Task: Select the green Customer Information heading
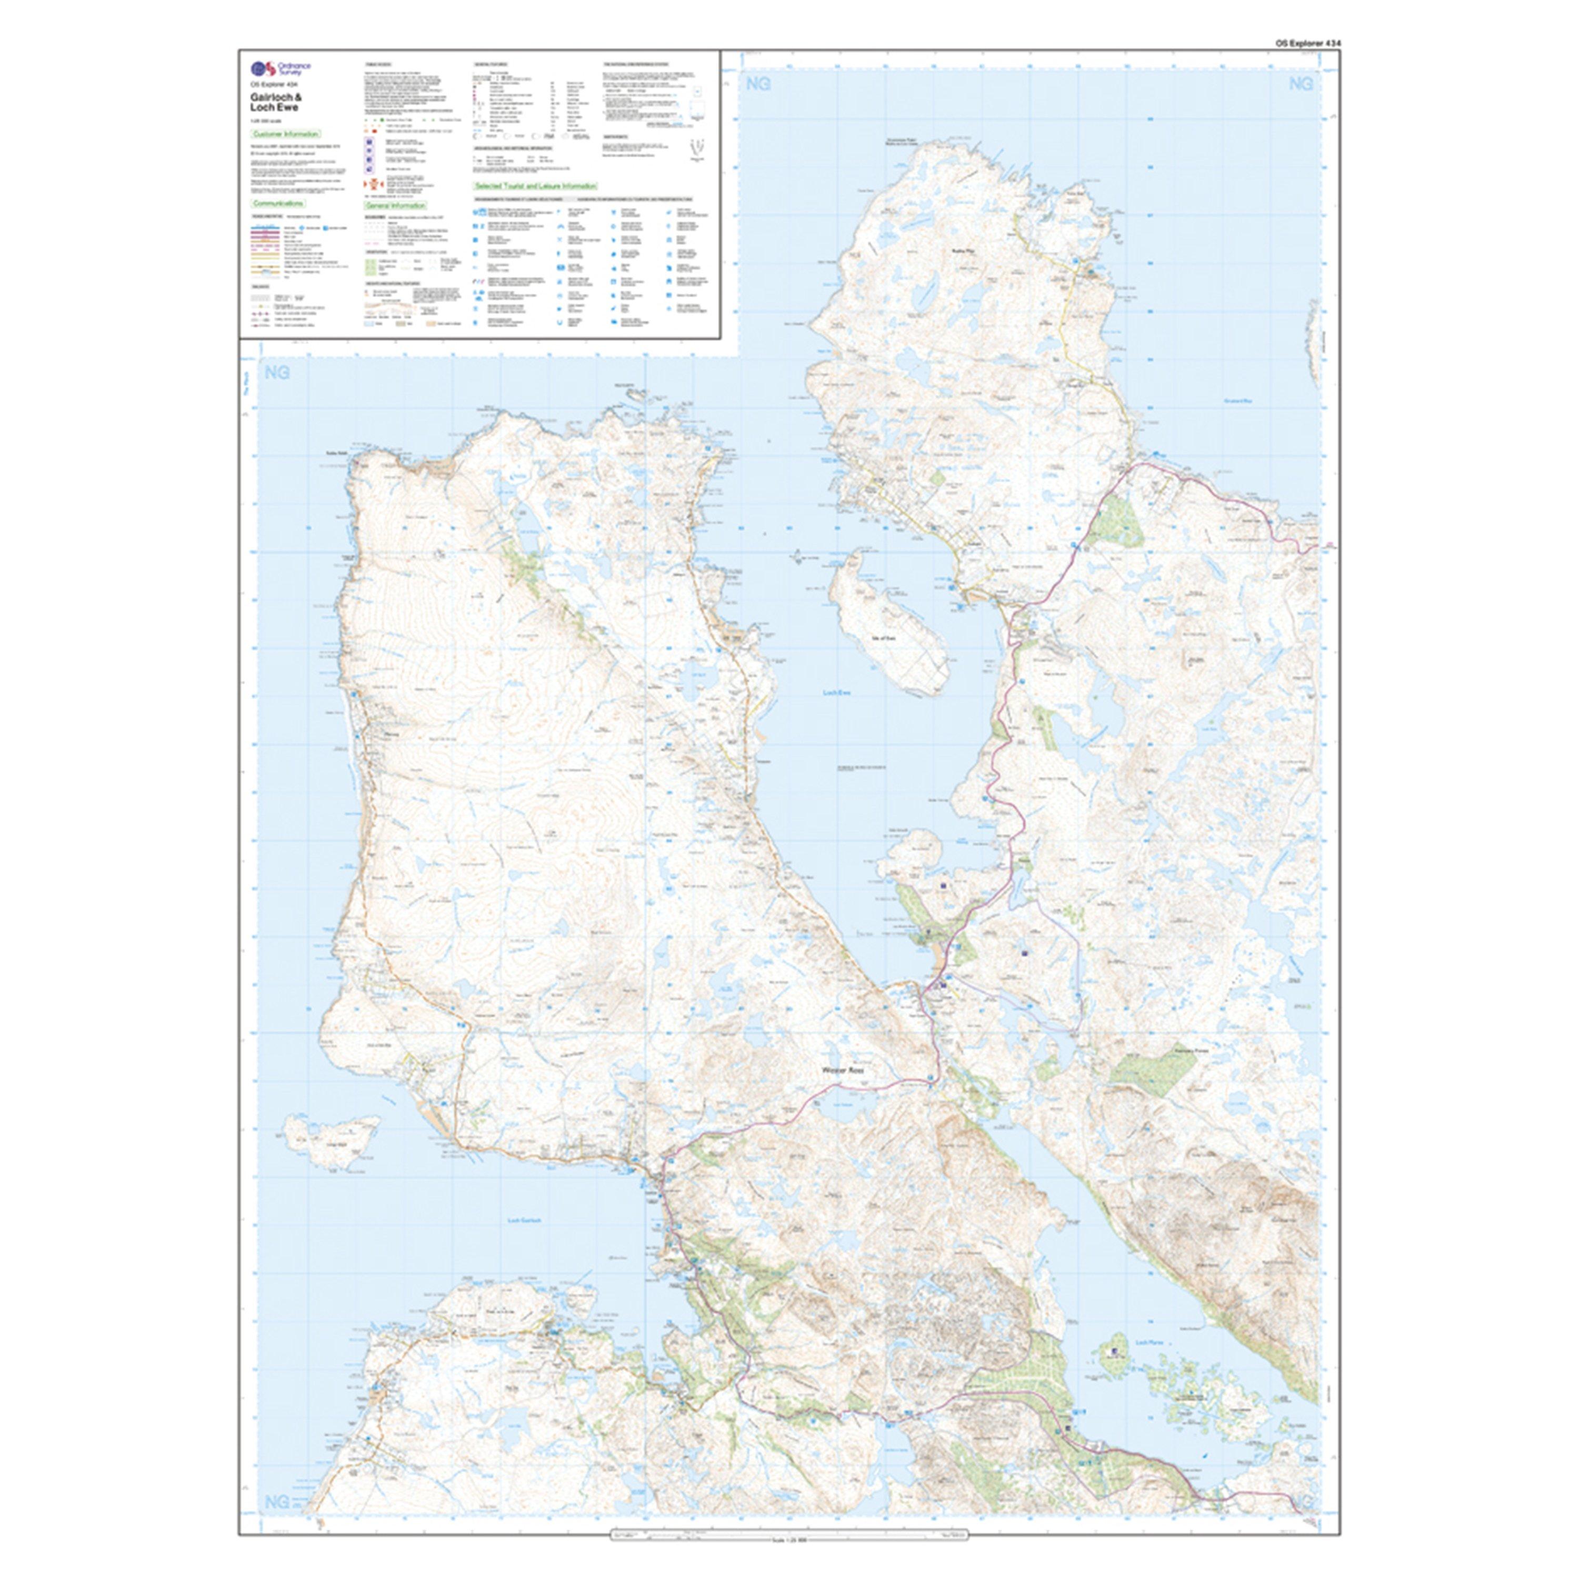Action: click(285, 133)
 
